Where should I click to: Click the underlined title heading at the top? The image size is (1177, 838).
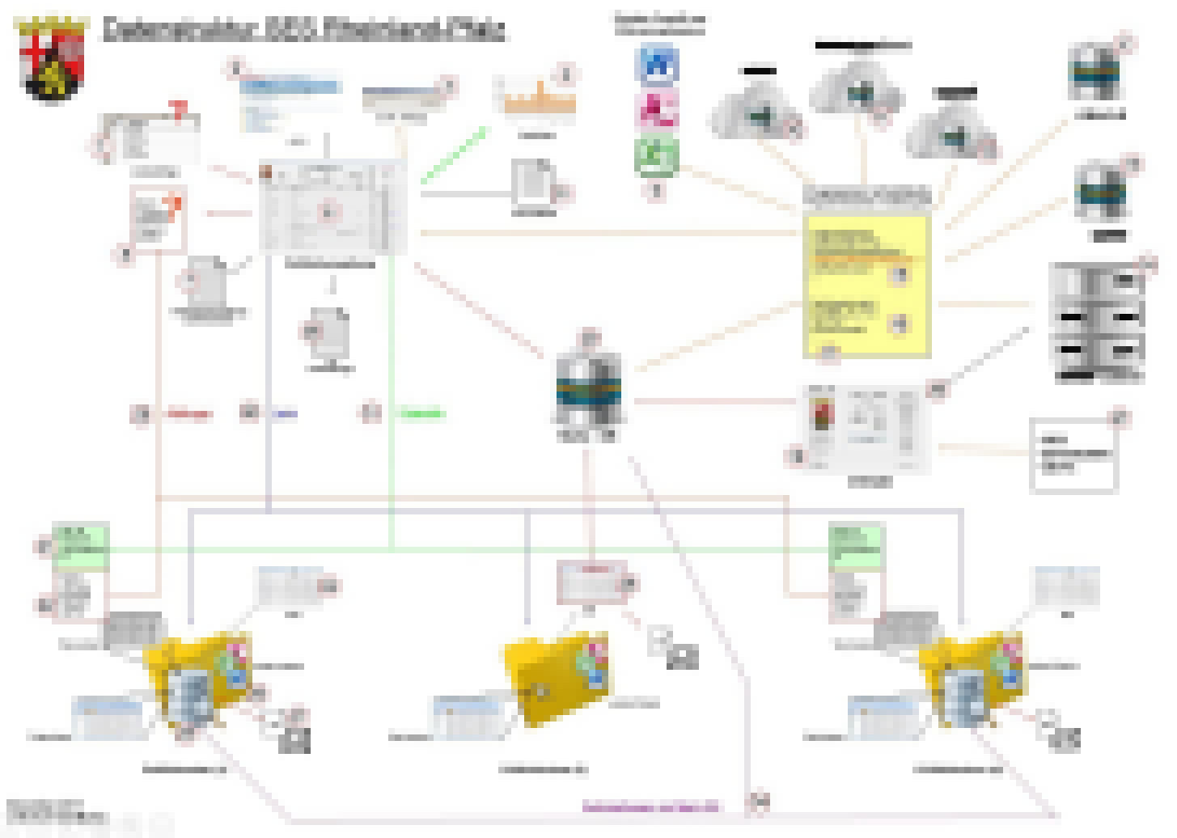tap(303, 30)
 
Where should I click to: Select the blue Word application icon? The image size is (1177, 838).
tap(658, 65)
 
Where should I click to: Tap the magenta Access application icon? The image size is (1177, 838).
tap(658, 109)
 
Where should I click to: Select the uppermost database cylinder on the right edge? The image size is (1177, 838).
tap(1096, 73)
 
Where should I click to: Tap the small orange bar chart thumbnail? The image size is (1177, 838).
tap(536, 97)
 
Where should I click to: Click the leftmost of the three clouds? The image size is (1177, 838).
tap(756, 113)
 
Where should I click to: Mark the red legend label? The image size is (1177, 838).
tap(190, 414)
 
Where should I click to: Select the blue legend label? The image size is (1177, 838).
tap(285, 414)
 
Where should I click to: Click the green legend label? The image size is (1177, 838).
tap(421, 414)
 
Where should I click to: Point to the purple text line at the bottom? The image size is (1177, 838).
tap(650, 806)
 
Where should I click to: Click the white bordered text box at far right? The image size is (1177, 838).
tap(1074, 455)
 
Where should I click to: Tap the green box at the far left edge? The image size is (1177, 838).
tap(80, 546)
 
